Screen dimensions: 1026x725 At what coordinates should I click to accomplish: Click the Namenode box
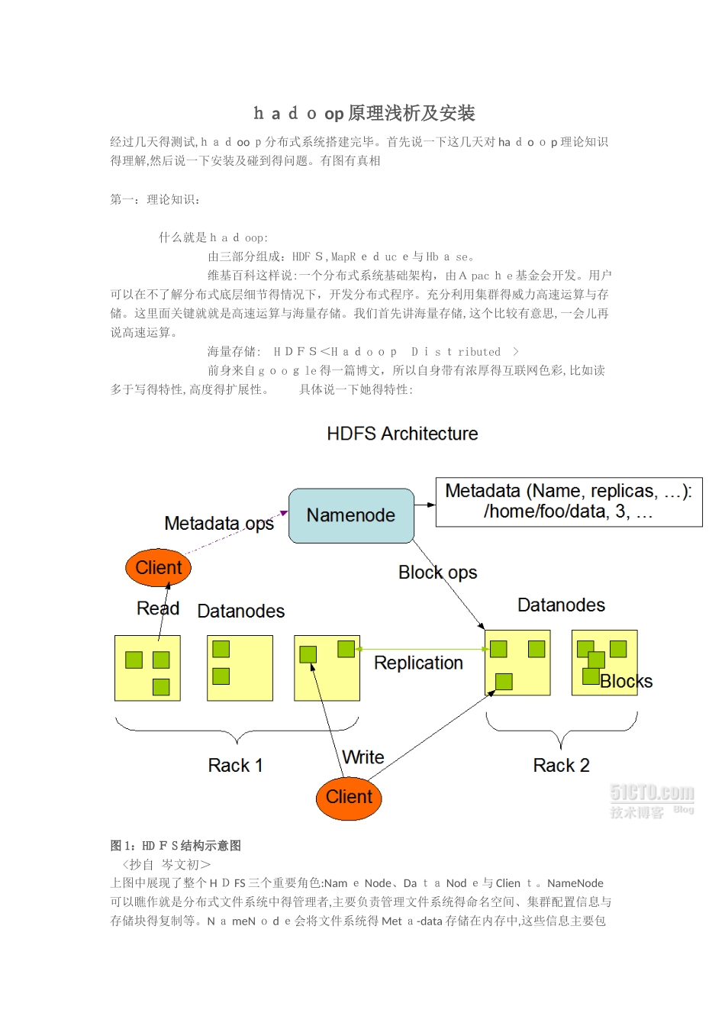tap(351, 516)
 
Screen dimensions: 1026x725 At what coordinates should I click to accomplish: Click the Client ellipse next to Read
tap(158, 568)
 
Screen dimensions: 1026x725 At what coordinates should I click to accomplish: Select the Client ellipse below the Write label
tap(349, 798)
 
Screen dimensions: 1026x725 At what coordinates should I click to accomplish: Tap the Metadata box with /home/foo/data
tap(569, 502)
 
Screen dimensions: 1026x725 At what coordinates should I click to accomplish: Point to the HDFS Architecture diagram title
tap(402, 434)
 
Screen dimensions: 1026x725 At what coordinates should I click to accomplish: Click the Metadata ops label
tap(219, 524)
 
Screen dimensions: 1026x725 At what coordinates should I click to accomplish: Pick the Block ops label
tap(437, 573)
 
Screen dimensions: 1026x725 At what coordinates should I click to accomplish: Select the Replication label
tap(418, 663)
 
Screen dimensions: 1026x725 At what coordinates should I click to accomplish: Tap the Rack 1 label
tap(235, 766)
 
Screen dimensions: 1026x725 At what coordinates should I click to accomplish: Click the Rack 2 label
tap(561, 766)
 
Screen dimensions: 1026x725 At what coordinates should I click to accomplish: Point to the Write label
tap(363, 757)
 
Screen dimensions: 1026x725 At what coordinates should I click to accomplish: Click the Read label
tap(158, 608)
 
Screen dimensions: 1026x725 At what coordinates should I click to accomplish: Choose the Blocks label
tap(627, 682)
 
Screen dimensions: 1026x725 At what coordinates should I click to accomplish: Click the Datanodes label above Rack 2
tap(561, 605)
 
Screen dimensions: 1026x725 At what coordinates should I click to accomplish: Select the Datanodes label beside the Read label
tap(240, 611)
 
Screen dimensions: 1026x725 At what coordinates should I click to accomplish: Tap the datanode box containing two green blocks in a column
tap(240, 668)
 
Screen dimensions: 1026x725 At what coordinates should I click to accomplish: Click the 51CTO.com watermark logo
tap(652, 800)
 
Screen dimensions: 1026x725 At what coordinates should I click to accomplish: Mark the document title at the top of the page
tap(364, 114)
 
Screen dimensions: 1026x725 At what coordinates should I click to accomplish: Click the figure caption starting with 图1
tap(176, 846)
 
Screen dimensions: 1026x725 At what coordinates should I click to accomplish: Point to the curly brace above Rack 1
tap(237, 731)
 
